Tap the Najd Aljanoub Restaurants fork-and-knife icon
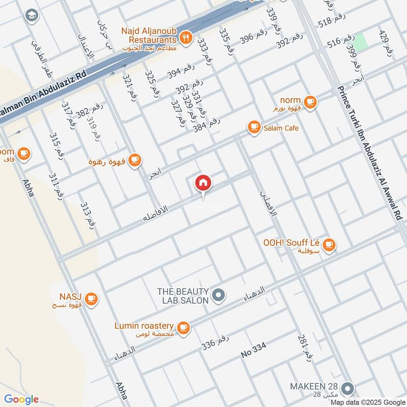[x=186, y=36]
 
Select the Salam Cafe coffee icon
[x=253, y=128]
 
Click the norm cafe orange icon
[x=311, y=102]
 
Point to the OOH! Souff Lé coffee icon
[x=329, y=245]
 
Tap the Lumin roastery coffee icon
[x=184, y=328]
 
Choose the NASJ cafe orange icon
[x=91, y=299]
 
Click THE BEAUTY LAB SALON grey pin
[x=219, y=295]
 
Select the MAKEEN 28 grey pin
[x=348, y=389]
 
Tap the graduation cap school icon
[x=31, y=16]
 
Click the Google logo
[x=21, y=399]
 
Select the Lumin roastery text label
[x=144, y=326]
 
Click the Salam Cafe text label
[x=280, y=128]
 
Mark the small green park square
[x=360, y=42]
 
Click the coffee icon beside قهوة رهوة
[x=134, y=161]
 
